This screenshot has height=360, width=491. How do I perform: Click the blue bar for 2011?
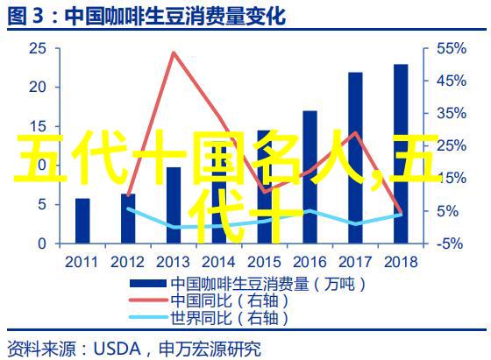click(x=82, y=221)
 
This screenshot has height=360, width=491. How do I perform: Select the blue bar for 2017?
click(x=355, y=158)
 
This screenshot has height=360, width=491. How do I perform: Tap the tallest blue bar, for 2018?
click(x=401, y=154)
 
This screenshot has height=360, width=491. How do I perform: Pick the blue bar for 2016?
click(x=310, y=177)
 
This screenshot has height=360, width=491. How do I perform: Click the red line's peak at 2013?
click(x=174, y=53)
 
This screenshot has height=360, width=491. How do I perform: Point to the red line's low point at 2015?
click(x=265, y=192)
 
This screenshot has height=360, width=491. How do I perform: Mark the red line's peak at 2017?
click(x=355, y=132)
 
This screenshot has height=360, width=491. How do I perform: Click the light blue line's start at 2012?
click(x=128, y=208)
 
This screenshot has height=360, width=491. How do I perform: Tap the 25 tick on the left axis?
click(x=38, y=49)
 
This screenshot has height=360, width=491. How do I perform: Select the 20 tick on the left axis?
click(x=38, y=88)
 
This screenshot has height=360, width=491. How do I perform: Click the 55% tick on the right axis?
click(x=452, y=49)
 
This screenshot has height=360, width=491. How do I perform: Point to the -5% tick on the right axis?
click(x=449, y=244)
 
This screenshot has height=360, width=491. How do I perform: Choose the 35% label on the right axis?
click(x=452, y=113)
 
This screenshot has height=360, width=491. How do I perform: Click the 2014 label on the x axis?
click(x=218, y=262)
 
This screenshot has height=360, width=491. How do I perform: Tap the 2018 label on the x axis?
click(x=401, y=262)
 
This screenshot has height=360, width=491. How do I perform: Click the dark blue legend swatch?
click(x=148, y=284)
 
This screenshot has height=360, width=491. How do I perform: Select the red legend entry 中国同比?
click(x=201, y=300)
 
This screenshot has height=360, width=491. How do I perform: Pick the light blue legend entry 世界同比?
click(x=201, y=318)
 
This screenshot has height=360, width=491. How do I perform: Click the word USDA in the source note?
click(x=117, y=349)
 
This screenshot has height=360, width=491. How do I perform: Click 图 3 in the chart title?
click(x=25, y=17)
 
